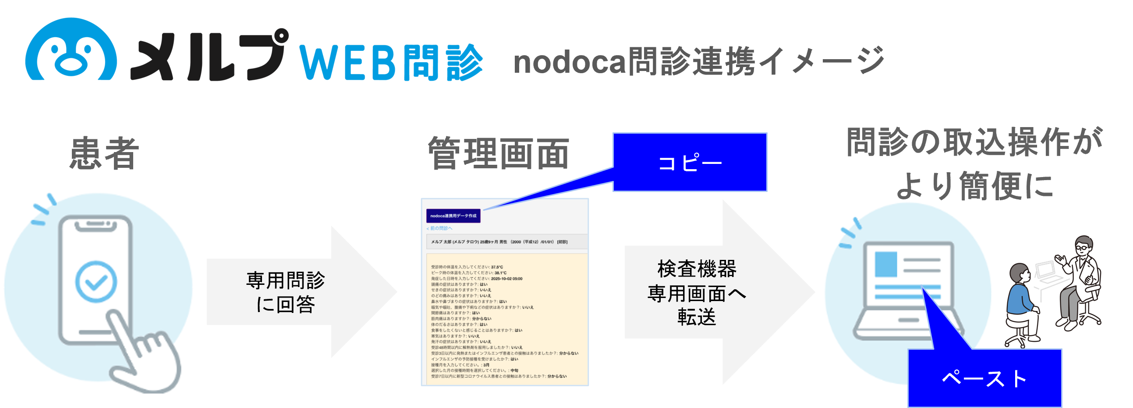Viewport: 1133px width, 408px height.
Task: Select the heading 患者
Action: [x=105, y=153]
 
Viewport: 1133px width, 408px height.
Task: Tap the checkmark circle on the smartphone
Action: [x=96, y=282]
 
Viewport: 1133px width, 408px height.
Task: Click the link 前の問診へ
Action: [x=439, y=228]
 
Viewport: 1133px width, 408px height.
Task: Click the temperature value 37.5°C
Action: [x=497, y=267]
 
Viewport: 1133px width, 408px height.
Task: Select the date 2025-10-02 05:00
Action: [x=506, y=279]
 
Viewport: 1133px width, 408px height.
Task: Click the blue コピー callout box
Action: [x=690, y=163]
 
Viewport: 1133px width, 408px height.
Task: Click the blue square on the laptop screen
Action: [x=886, y=264]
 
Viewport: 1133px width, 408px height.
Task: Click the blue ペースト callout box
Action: [x=984, y=378]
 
